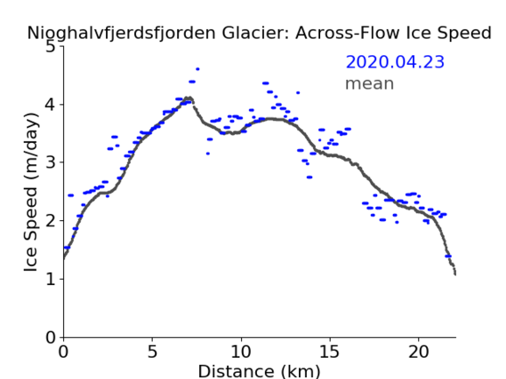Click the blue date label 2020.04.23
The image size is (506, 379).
[x=395, y=62]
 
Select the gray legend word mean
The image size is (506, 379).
[x=370, y=83]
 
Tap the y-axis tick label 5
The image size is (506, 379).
[x=51, y=47]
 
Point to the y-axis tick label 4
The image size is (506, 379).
[x=51, y=105]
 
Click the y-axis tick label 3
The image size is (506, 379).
[x=51, y=162]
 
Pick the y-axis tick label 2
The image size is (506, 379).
[x=51, y=221]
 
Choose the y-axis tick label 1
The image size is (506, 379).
[x=51, y=279]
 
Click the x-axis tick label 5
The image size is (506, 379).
[x=152, y=351]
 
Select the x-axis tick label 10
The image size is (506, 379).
[x=241, y=351]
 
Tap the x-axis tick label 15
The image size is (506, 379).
[x=330, y=351]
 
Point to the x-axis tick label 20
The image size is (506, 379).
[x=419, y=351]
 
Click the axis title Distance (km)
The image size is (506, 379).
[x=259, y=371]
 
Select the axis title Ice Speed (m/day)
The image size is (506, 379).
[x=31, y=193]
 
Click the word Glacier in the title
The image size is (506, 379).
[x=255, y=33]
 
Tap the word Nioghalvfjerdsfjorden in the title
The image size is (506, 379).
[x=121, y=34]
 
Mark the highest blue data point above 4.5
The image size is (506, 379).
[x=197, y=69]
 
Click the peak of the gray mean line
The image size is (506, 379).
[x=189, y=98]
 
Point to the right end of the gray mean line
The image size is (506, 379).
[x=455, y=274]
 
